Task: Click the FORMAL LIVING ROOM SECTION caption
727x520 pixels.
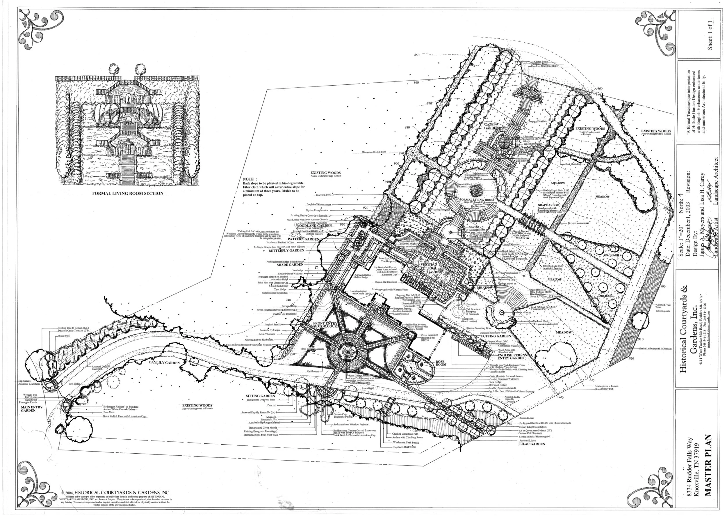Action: [x=128, y=193]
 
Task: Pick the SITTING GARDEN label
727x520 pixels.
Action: [x=261, y=396]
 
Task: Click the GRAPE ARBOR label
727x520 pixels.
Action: [x=548, y=205]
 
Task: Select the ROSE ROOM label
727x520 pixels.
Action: [x=441, y=363]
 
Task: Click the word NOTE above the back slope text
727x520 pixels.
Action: [x=248, y=179]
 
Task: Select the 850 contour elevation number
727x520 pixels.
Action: [x=416, y=55]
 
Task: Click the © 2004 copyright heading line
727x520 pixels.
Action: [x=115, y=492]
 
